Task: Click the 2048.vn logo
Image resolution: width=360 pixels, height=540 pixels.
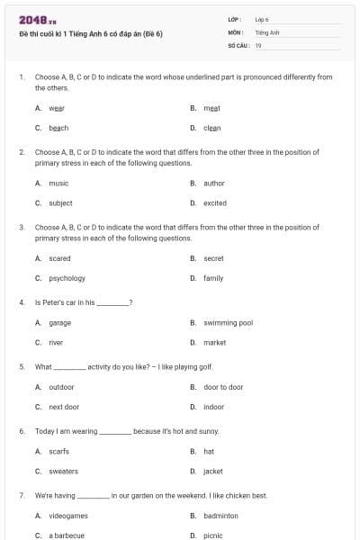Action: tap(38, 20)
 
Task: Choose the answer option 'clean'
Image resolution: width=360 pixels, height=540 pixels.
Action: tap(212, 128)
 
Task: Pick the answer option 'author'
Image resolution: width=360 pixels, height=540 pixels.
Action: tap(214, 183)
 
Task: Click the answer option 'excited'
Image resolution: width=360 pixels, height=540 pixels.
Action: tap(215, 202)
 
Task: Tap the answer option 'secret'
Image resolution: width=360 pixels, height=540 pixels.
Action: tap(213, 258)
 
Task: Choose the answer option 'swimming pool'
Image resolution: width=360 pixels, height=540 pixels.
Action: tap(229, 322)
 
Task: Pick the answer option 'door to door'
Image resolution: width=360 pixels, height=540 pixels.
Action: tap(223, 387)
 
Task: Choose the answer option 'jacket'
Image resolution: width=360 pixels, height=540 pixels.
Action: tap(213, 471)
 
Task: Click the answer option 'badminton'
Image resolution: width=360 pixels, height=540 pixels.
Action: tap(221, 516)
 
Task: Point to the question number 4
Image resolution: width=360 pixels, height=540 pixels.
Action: tap(22, 302)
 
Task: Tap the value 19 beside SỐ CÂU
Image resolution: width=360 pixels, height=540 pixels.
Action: tap(258, 45)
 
